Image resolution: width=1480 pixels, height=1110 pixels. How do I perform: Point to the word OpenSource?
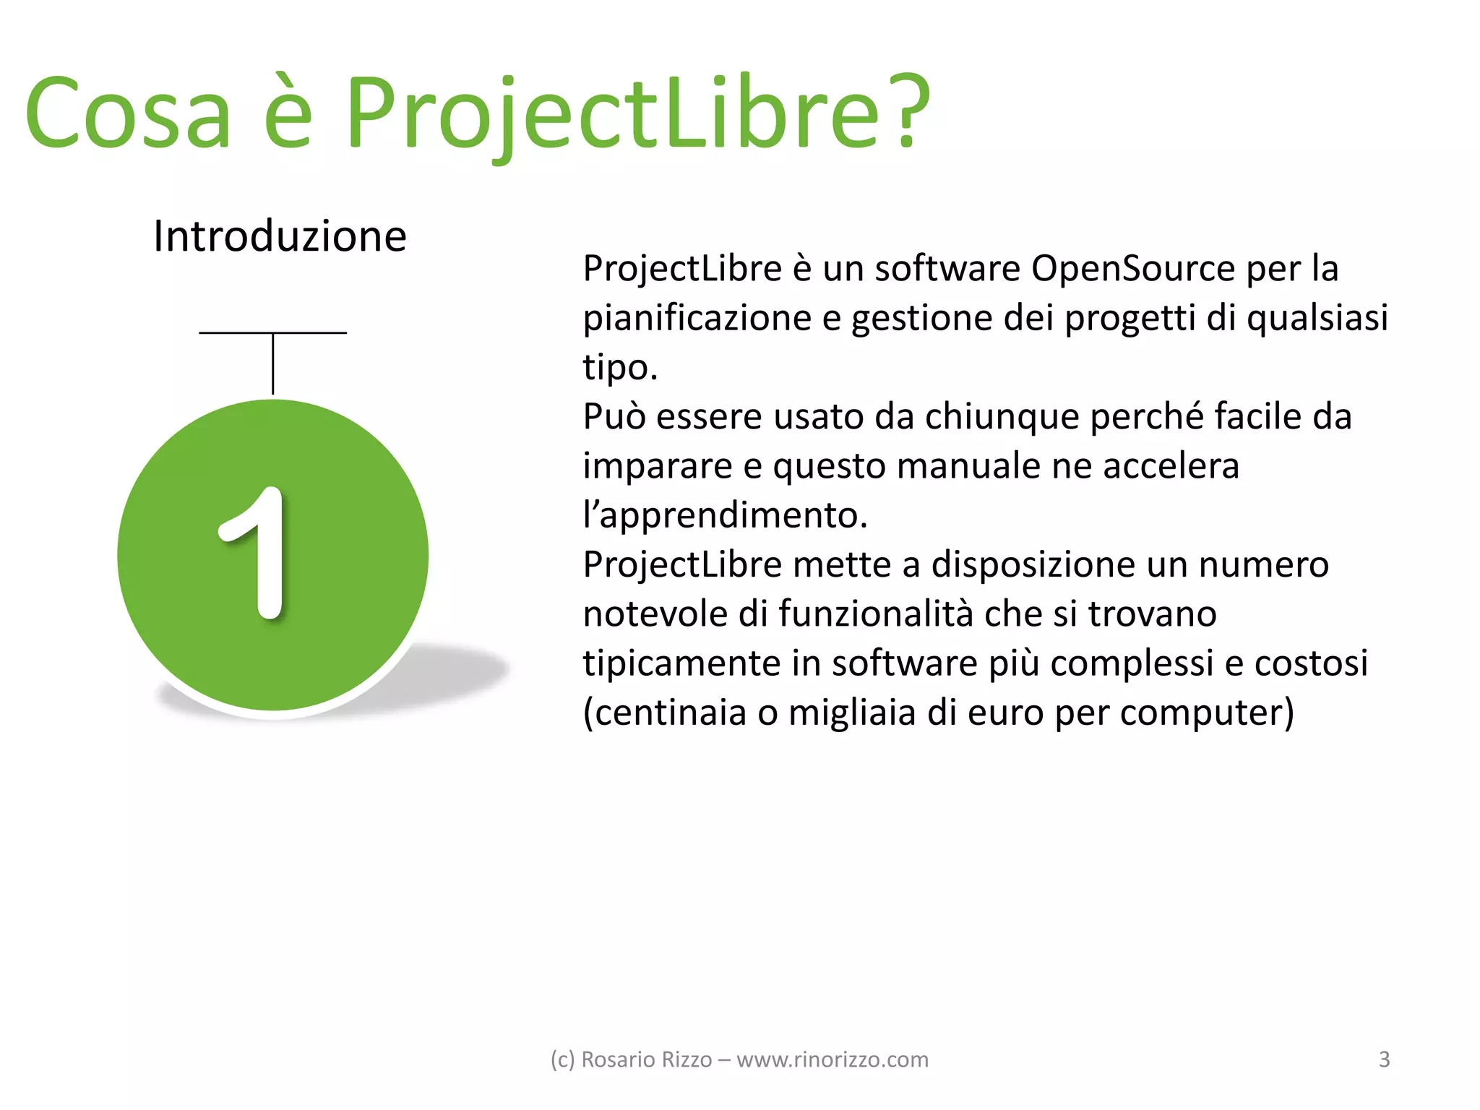tap(1132, 269)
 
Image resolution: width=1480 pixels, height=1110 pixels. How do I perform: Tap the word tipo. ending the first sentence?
tap(620, 367)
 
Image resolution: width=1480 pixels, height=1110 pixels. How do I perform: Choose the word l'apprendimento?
tap(725, 515)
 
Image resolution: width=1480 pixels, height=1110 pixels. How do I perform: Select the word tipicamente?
tap(681, 663)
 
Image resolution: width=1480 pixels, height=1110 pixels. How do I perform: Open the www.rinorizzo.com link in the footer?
tap(832, 1059)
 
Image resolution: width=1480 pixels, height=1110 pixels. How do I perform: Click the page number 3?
tap(1384, 1059)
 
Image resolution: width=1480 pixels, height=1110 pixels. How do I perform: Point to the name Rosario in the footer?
tap(611, 1059)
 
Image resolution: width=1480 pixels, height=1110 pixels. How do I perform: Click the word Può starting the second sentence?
tap(614, 416)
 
